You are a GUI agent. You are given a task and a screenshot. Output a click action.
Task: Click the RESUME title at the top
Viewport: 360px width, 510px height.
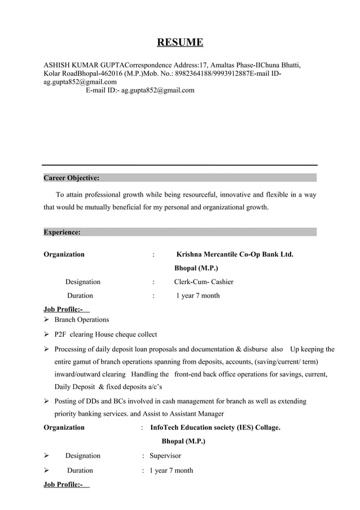179,42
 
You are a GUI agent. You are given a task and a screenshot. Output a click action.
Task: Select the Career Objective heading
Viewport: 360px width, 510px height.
72,178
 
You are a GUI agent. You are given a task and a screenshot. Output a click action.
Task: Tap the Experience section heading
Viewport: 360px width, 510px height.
62,232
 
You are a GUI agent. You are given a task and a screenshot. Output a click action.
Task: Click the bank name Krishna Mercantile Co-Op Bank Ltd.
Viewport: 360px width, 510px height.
235,255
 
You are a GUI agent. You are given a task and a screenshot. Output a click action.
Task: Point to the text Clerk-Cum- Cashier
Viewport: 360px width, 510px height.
204,282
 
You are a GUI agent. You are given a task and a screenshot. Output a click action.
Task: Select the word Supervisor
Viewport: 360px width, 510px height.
165,456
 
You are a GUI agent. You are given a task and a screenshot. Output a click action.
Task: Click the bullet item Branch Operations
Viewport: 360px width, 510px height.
82,320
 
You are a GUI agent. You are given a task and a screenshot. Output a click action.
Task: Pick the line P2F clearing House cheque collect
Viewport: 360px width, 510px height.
106,334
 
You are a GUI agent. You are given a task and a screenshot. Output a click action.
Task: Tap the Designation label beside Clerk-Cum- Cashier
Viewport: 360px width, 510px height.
83,282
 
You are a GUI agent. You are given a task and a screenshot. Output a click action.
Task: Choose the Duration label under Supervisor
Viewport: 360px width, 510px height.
80,470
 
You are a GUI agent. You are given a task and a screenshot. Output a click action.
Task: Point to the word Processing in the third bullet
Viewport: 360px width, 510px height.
73,349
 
